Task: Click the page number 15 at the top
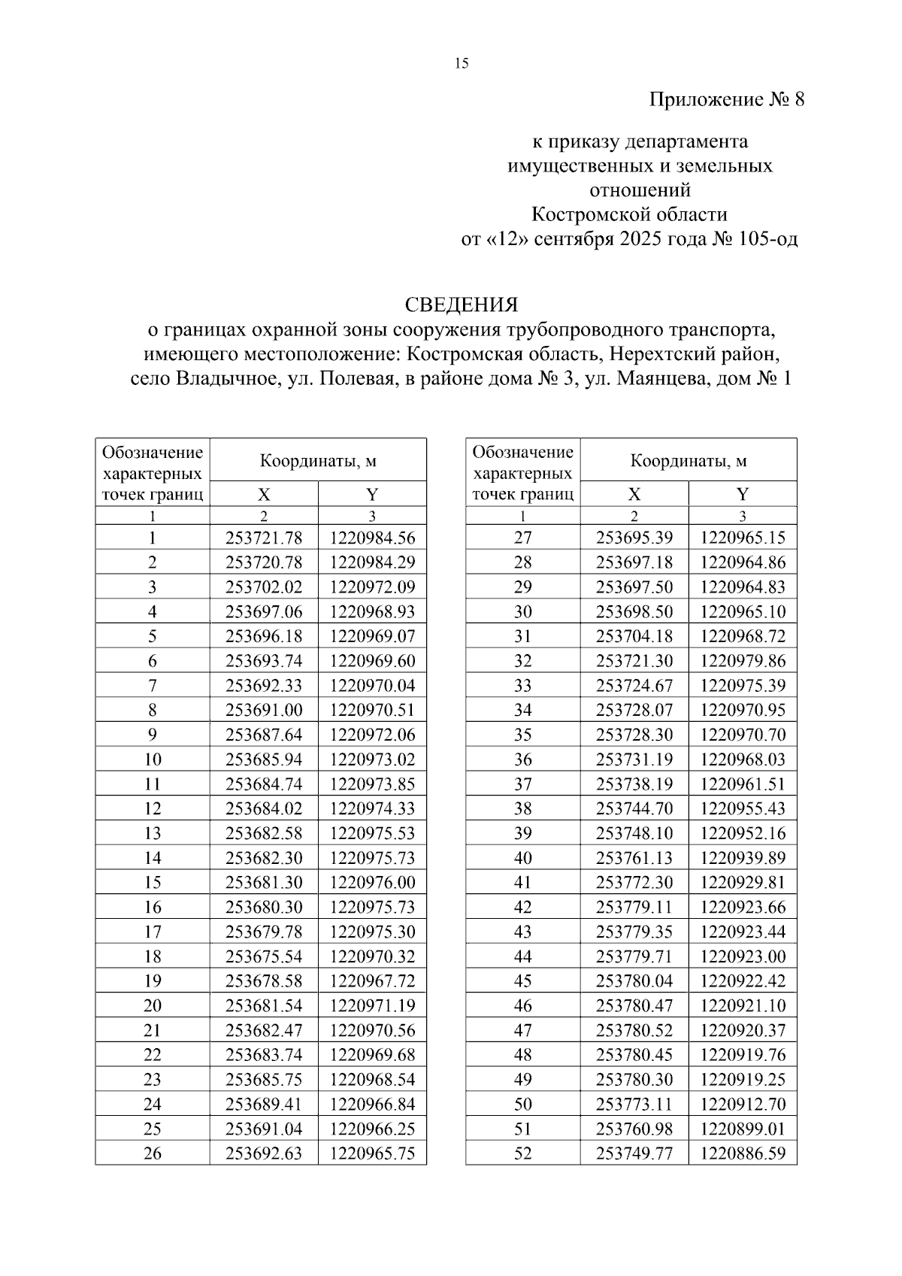tap(462, 64)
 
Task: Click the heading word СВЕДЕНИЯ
tap(462, 305)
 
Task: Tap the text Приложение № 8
tap(726, 99)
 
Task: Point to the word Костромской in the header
tap(583, 215)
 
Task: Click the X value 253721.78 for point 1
tap(264, 538)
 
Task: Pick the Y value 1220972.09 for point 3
tap(372, 587)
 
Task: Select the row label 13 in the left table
tap(153, 833)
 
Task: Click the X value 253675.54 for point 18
tap(264, 956)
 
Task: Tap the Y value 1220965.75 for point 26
tap(372, 1153)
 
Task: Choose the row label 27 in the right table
tap(522, 538)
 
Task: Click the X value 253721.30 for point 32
tap(634, 661)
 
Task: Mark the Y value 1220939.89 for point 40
tap(743, 858)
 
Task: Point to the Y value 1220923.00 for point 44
tap(743, 956)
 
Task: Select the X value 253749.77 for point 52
tap(634, 1153)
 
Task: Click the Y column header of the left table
tap(372, 494)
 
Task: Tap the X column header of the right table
tap(634, 494)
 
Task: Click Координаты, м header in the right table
tap(689, 461)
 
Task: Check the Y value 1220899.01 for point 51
tap(743, 1129)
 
